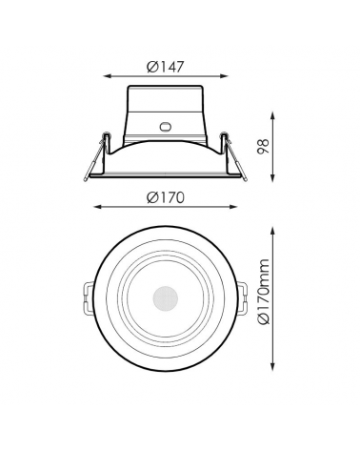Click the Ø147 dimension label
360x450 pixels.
coord(166,66)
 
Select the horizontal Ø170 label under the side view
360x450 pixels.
coord(166,197)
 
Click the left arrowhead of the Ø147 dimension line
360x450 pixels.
coord(107,76)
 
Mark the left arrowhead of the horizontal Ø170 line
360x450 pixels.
coord(98,208)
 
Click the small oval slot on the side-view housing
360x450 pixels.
coord(166,125)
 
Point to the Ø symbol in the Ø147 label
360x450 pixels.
coord(152,66)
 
